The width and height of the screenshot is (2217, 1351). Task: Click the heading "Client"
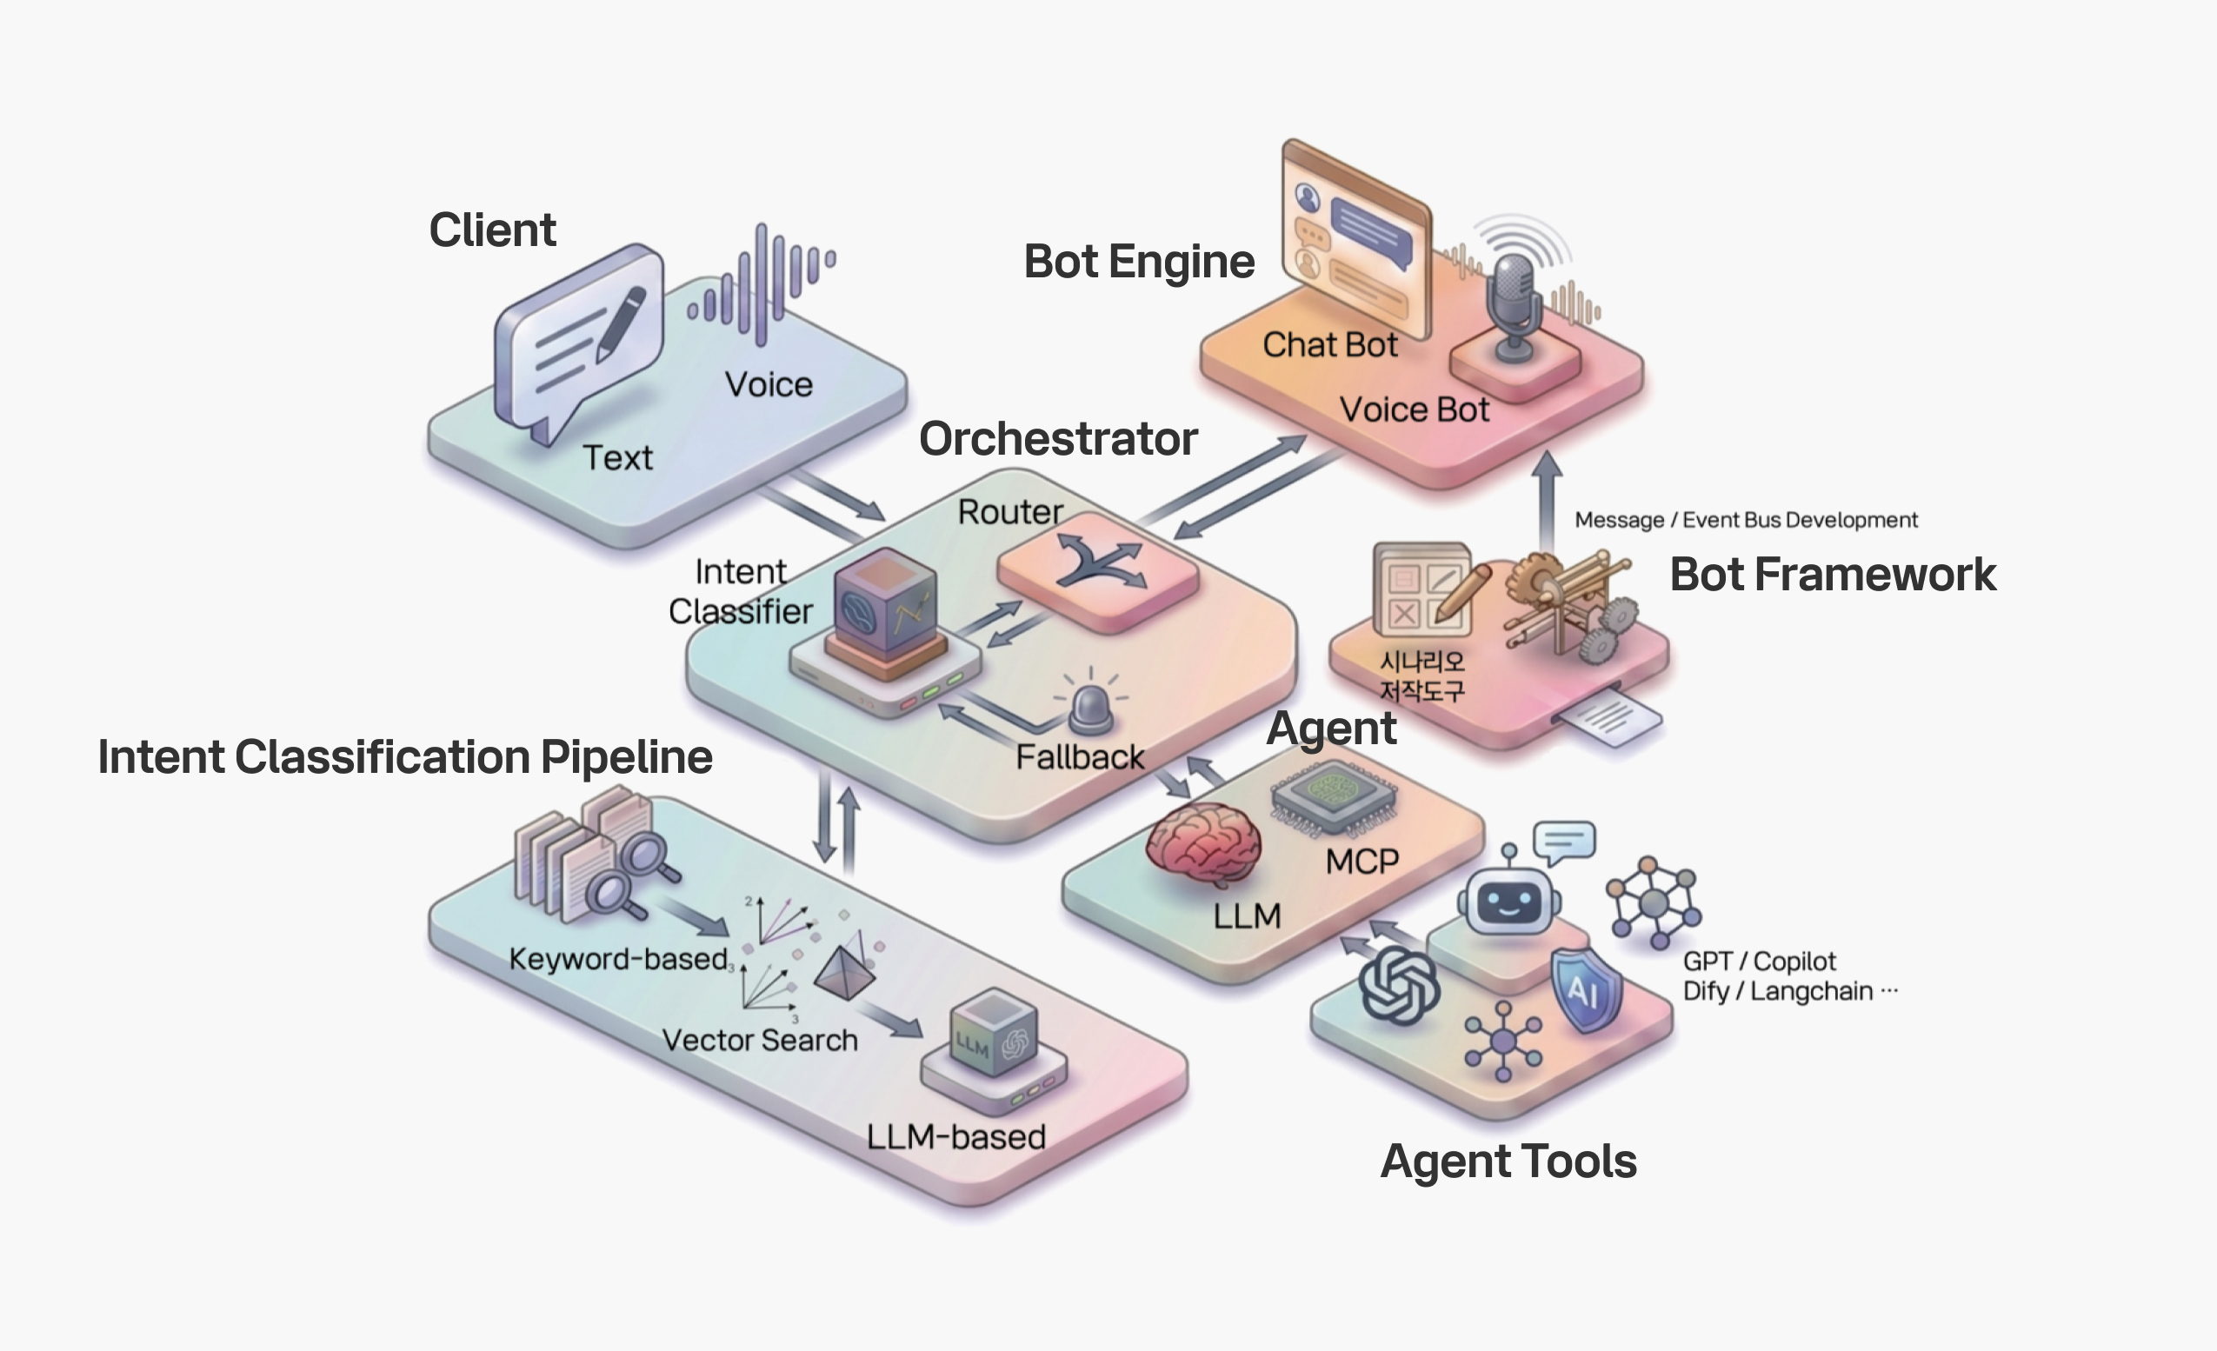click(492, 230)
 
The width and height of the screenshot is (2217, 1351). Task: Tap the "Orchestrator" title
click(1058, 439)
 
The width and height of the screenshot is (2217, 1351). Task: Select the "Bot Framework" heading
click(1833, 574)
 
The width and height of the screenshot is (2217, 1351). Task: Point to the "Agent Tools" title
click(1509, 1161)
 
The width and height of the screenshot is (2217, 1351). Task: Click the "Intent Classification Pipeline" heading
click(405, 756)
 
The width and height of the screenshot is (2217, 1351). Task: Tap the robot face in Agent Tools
click(1509, 900)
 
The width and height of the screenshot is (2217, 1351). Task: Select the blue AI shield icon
click(1585, 989)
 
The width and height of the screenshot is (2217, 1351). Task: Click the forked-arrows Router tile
click(1098, 570)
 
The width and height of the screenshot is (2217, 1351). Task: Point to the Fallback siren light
click(1091, 707)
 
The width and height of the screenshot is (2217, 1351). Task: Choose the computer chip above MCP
click(1334, 797)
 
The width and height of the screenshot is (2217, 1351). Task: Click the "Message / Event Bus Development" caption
click(1746, 520)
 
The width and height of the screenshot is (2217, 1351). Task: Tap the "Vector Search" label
click(760, 1040)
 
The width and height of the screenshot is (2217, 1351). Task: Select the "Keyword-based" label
click(618, 959)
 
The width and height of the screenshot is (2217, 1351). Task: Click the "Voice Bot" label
click(1415, 409)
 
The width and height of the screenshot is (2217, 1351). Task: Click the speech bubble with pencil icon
click(579, 340)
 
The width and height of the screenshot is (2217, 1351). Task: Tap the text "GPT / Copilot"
click(1759, 962)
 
